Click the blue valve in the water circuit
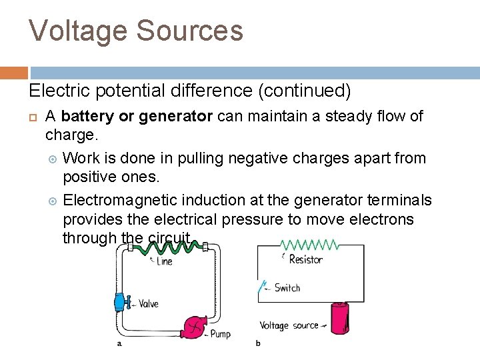click(121, 302)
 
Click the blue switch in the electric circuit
click(261, 288)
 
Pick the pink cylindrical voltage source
click(340, 319)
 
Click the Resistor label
click(306, 259)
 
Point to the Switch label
click(287, 288)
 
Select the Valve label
click(148, 304)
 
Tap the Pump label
click(220, 333)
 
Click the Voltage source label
click(289, 325)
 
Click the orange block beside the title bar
click(14, 73)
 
